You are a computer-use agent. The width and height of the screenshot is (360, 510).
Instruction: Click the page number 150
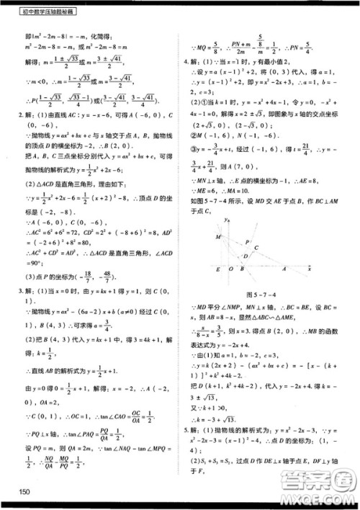click(26, 492)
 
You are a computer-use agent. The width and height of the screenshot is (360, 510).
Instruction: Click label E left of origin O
click(217, 270)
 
